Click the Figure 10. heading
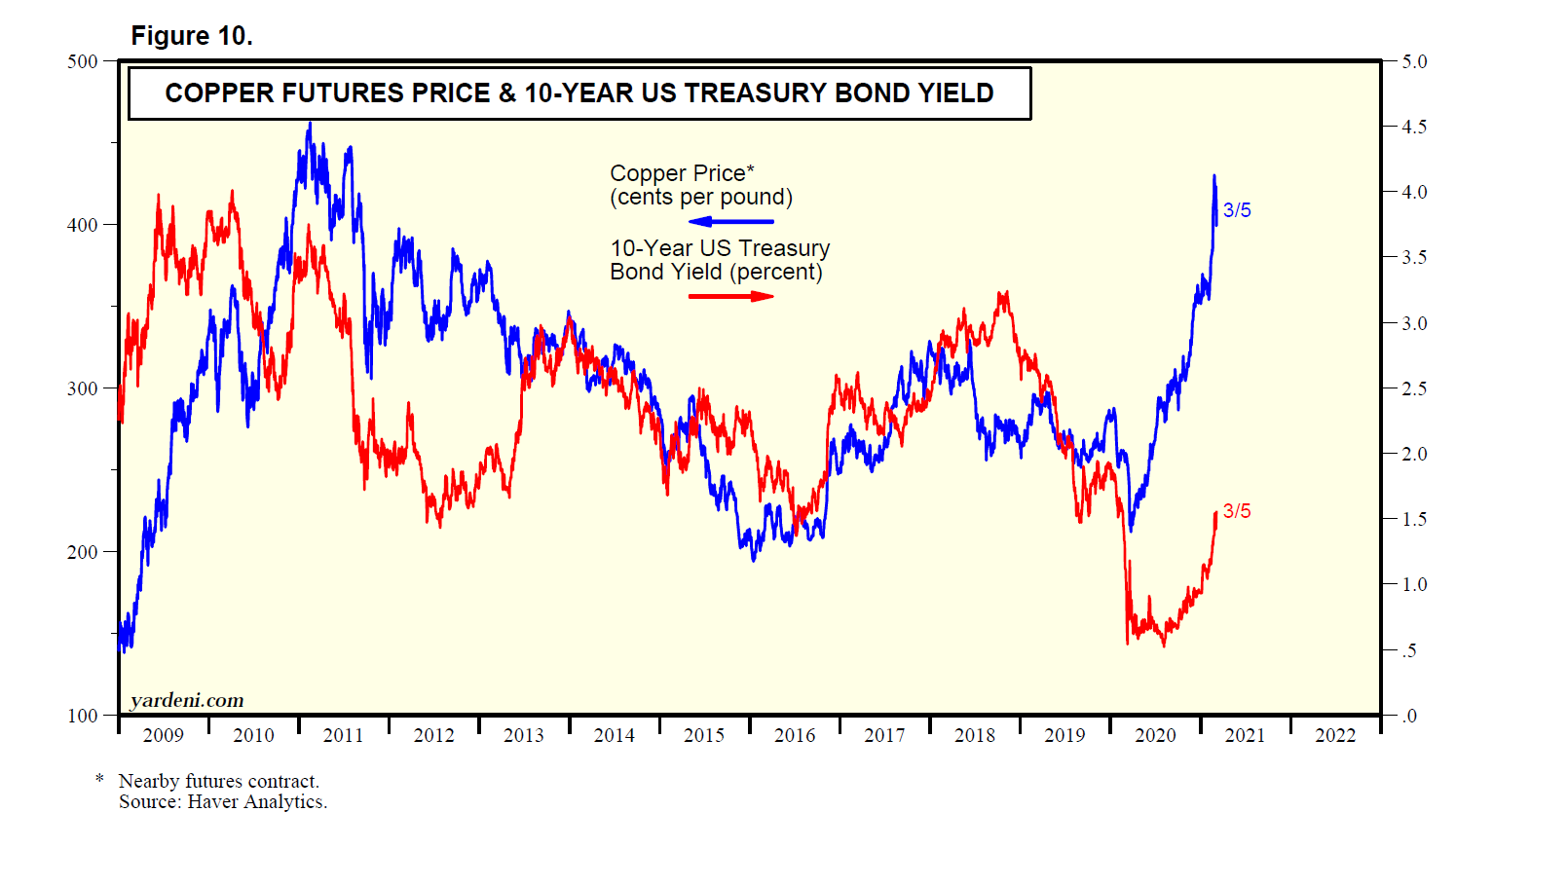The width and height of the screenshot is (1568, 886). pyautogui.click(x=192, y=36)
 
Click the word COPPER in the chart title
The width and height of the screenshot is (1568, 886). pyautogui.click(x=219, y=93)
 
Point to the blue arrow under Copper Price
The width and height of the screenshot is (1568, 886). pyautogui.click(x=730, y=222)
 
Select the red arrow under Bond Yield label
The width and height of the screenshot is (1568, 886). pyautogui.click(x=730, y=296)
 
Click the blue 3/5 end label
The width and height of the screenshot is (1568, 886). pyautogui.click(x=1237, y=210)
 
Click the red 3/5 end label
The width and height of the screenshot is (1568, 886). pyautogui.click(x=1237, y=511)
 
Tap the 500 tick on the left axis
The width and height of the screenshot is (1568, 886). pyautogui.click(x=83, y=61)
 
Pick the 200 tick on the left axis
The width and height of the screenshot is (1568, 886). pyautogui.click(x=83, y=552)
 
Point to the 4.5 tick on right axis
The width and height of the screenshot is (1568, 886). pyautogui.click(x=1414, y=127)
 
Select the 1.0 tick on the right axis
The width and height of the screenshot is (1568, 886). pyautogui.click(x=1414, y=584)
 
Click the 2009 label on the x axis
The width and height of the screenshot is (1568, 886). pyautogui.click(x=163, y=735)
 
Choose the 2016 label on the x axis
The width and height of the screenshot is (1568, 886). pyautogui.click(x=795, y=735)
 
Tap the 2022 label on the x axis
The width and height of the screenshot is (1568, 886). pyautogui.click(x=1335, y=735)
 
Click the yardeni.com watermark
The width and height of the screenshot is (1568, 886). pyautogui.click(x=187, y=700)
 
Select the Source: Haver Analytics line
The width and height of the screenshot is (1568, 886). pyautogui.click(x=223, y=801)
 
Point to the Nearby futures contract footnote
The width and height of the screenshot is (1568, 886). pyautogui.click(x=219, y=781)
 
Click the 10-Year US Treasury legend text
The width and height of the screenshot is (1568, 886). pyautogui.click(x=720, y=248)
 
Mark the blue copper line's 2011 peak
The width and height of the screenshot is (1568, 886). pyautogui.click(x=310, y=125)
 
